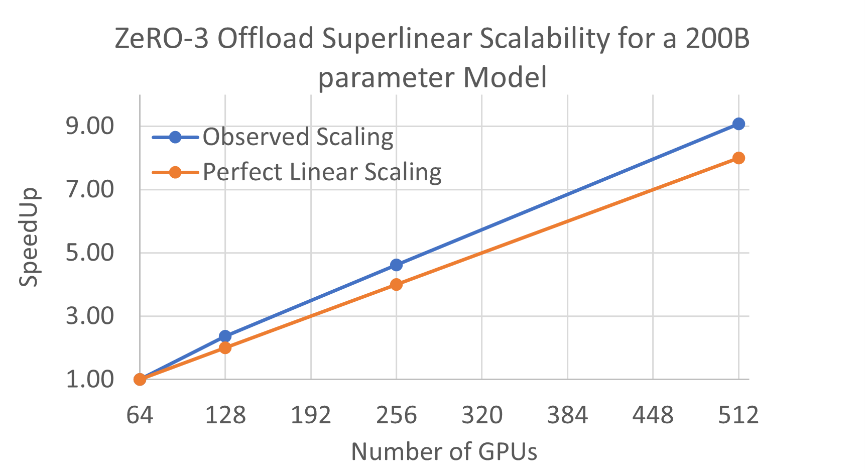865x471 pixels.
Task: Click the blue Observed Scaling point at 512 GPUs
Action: coord(738,124)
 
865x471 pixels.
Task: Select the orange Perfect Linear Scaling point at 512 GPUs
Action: coord(738,158)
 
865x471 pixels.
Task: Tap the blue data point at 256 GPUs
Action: coord(396,265)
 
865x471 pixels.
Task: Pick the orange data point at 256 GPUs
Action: coord(396,284)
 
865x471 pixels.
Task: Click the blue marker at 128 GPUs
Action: coord(225,336)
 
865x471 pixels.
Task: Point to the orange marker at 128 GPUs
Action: coord(225,347)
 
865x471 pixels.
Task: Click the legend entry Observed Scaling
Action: coord(297,137)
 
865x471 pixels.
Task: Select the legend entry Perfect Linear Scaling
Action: coord(321,172)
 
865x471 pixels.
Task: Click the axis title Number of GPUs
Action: coord(444,451)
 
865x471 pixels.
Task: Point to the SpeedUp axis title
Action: coord(29,237)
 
